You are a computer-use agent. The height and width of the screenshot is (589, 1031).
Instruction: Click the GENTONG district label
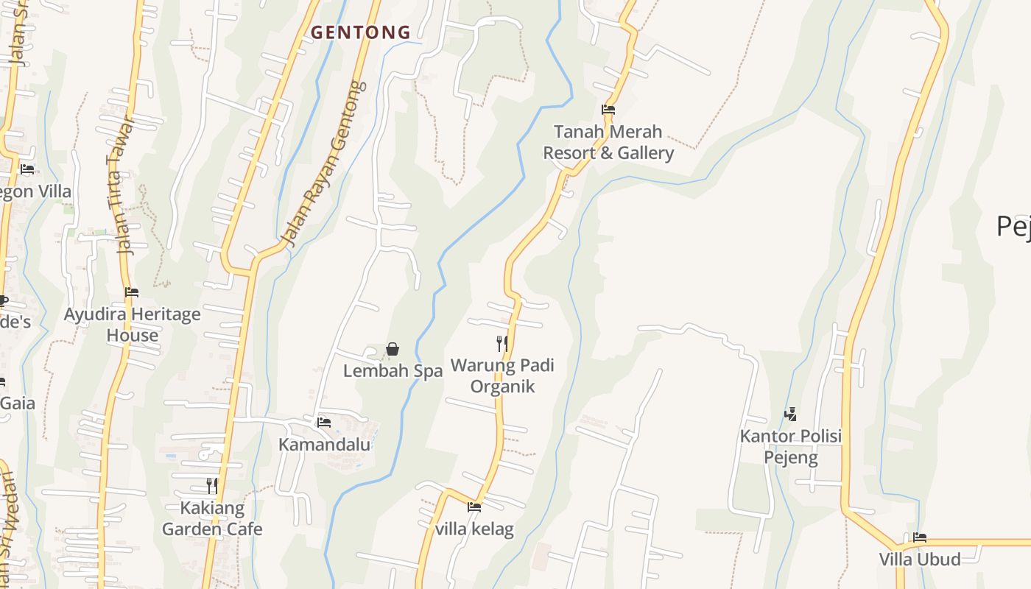click(360, 32)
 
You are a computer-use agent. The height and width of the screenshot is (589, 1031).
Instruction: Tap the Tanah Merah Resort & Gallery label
click(608, 142)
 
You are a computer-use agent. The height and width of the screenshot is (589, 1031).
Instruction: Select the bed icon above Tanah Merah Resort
click(608, 110)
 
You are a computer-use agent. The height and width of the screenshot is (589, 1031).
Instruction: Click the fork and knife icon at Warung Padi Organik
click(502, 343)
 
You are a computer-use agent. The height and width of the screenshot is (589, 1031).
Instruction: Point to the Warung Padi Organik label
click(502, 375)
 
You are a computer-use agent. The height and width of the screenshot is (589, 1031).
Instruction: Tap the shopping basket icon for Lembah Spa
click(393, 349)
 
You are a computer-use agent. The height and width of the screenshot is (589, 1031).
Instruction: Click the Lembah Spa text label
click(393, 371)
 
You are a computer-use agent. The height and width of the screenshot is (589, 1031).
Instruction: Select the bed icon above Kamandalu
click(323, 423)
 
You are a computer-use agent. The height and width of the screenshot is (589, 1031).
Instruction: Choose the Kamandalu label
click(324, 445)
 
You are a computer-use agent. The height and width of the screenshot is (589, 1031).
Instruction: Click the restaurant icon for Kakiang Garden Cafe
click(212, 486)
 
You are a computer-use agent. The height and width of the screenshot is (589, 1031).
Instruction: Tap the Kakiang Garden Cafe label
click(212, 518)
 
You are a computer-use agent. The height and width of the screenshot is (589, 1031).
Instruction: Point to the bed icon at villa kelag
click(474, 507)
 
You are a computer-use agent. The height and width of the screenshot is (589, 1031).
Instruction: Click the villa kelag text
click(474, 529)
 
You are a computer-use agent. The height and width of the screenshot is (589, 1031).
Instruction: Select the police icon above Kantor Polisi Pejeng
click(790, 415)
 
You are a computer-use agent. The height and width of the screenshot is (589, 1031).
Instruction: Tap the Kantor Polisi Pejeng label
click(790, 447)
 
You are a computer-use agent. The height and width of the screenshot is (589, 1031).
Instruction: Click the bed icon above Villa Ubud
click(920, 537)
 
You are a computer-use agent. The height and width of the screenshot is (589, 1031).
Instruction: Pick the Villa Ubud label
click(920, 560)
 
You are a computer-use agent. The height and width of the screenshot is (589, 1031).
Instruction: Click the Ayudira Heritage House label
click(132, 325)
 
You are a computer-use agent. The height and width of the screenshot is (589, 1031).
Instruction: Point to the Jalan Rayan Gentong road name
click(325, 163)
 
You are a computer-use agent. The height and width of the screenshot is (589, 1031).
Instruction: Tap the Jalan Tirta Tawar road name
click(122, 186)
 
